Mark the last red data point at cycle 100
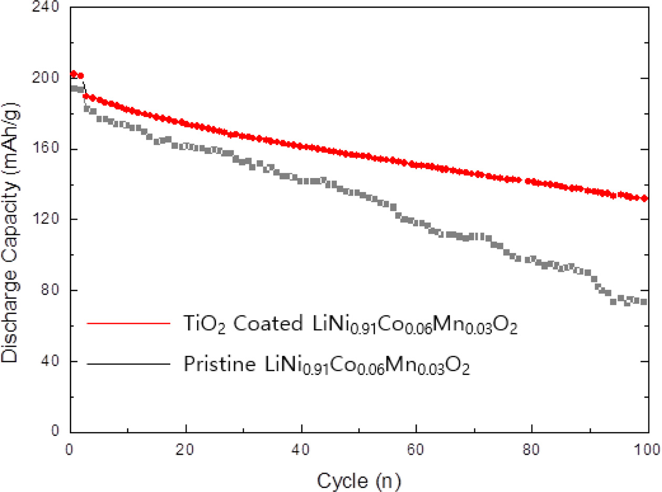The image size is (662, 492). click(644, 198)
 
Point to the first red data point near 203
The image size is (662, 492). click(74, 74)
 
